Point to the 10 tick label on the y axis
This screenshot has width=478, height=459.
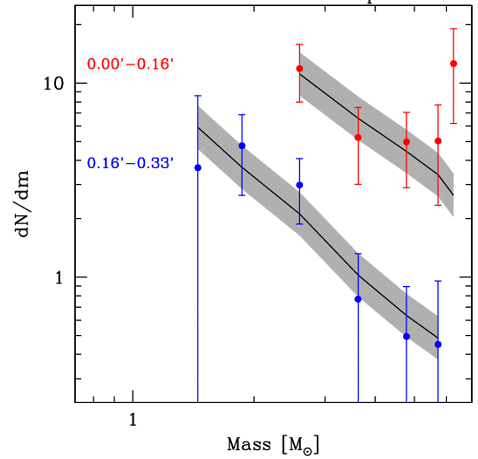pos(58,83)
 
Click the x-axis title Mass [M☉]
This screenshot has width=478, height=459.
pos(273,444)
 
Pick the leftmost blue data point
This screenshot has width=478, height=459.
pos(198,168)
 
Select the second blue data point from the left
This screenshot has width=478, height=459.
pos(241,146)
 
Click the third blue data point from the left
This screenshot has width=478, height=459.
pos(300,185)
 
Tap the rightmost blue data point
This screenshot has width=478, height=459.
pos(438,344)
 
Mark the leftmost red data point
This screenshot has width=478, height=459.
pos(300,69)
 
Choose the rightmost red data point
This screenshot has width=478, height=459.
pos(454,64)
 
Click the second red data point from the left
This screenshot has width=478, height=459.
pos(358,138)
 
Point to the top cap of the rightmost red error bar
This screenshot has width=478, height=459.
pos(454,29)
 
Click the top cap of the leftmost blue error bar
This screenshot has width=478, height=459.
pos(198,96)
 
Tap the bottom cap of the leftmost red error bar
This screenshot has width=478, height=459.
pos(300,102)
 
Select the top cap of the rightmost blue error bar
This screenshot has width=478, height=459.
pos(438,281)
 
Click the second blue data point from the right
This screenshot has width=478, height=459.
pos(406,336)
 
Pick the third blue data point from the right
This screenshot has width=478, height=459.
pos(358,299)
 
